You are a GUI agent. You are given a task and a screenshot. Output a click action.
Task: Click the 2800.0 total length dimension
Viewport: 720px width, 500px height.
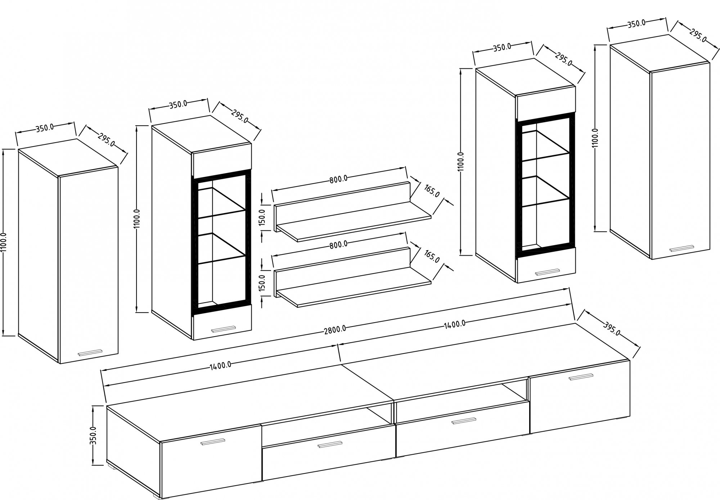(334, 328)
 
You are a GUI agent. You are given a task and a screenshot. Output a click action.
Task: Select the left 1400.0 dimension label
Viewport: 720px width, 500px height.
(220, 366)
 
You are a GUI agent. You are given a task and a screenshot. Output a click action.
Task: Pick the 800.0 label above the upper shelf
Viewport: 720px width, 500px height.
(338, 179)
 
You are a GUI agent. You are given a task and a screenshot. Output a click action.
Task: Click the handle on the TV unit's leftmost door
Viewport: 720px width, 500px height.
(213, 442)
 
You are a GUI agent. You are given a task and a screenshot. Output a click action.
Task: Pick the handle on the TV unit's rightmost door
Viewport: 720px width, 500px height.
(581, 376)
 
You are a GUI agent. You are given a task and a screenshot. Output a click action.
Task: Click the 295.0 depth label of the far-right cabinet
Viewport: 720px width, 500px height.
(698, 35)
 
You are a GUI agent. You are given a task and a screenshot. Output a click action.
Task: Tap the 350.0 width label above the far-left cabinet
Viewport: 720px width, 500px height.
(45, 127)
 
